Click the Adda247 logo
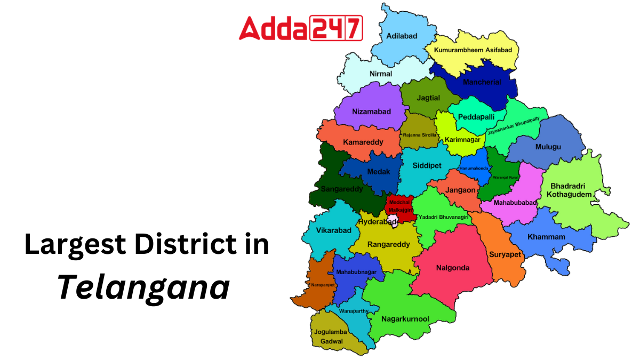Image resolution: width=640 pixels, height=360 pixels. click(x=301, y=28)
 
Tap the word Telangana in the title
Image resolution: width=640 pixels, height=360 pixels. click(x=144, y=288)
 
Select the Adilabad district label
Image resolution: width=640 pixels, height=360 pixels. click(x=402, y=36)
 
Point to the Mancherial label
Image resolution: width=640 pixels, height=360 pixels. click(x=482, y=82)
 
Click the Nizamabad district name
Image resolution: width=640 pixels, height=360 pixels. click(x=372, y=111)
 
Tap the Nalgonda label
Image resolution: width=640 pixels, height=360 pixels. click(x=453, y=268)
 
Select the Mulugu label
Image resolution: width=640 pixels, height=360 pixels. click(x=548, y=147)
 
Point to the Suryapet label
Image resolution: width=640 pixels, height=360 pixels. click(x=505, y=254)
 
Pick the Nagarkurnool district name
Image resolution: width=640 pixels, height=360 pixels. click(x=405, y=319)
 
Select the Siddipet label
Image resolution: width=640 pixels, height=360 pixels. click(x=427, y=165)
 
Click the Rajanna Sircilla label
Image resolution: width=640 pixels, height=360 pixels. click(x=420, y=135)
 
